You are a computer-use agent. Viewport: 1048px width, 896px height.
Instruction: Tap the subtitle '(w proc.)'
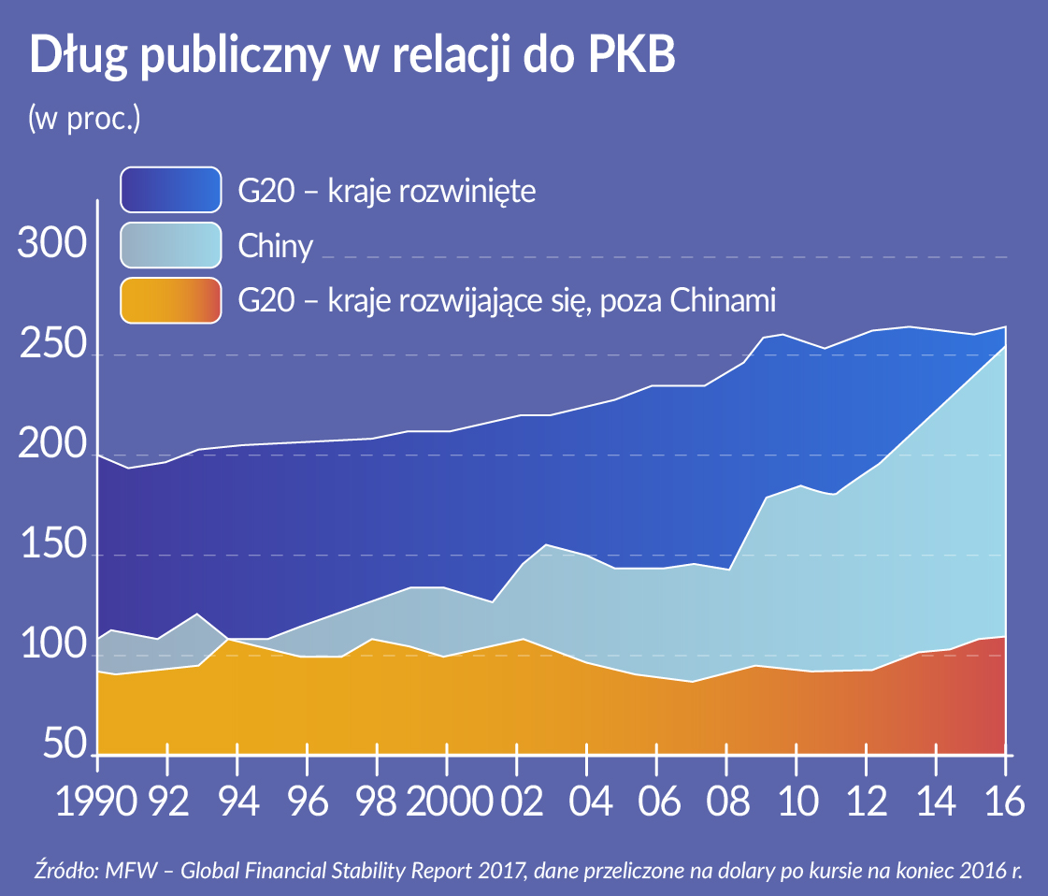coord(84,119)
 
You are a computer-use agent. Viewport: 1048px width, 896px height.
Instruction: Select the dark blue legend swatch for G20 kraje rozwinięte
coord(171,191)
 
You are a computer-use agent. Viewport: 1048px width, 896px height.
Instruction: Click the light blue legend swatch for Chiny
coord(171,246)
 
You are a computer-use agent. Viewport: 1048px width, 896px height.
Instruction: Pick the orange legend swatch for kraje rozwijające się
coord(171,300)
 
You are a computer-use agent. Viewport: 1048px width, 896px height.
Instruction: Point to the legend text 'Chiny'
coord(275,247)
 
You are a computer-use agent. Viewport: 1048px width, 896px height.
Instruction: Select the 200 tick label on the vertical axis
coord(52,448)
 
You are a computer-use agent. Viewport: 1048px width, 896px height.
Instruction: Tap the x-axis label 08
coord(725,802)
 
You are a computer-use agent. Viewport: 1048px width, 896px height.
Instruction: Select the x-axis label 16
coord(1004,802)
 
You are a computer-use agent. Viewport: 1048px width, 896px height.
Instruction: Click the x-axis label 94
coord(237,802)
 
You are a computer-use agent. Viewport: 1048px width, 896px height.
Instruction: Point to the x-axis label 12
coord(865,802)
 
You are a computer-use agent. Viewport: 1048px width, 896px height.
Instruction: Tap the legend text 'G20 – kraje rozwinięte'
coord(386,192)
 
